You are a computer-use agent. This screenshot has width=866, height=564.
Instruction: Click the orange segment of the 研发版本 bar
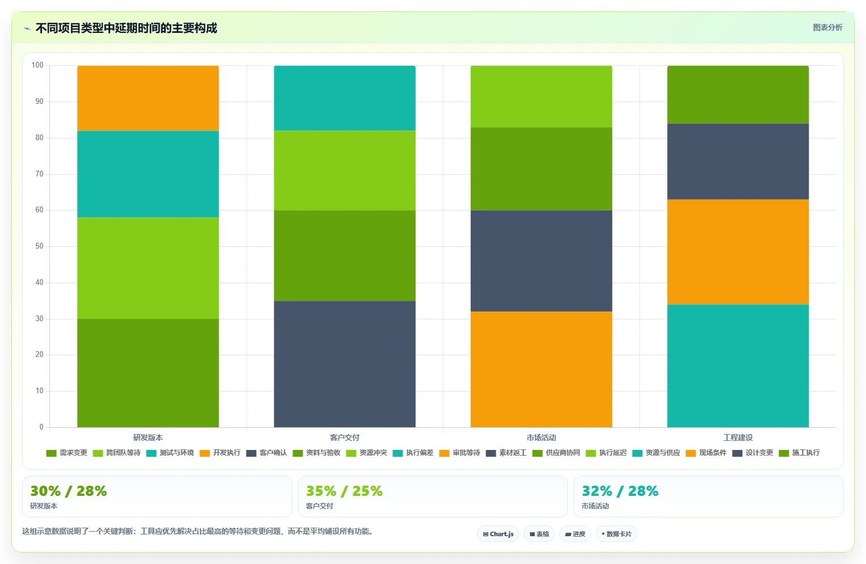pyautogui.click(x=148, y=98)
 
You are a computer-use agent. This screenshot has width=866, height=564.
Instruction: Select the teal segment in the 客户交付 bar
pyautogui.click(x=345, y=98)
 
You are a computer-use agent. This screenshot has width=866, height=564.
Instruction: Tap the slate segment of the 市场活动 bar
pyautogui.click(x=541, y=261)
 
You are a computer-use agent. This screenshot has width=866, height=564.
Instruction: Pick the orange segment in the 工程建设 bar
pyautogui.click(x=738, y=252)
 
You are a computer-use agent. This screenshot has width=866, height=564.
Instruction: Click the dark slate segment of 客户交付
pyautogui.click(x=345, y=364)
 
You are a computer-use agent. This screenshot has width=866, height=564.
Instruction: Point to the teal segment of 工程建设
pyautogui.click(x=738, y=366)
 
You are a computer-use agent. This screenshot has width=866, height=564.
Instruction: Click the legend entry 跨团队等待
pyautogui.click(x=117, y=453)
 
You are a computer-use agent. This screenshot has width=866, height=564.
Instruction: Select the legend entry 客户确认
pyautogui.click(x=266, y=453)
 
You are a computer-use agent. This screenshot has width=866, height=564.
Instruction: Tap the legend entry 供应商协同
pyautogui.click(x=556, y=453)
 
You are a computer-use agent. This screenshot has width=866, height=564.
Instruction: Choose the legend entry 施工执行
pyautogui.click(x=799, y=453)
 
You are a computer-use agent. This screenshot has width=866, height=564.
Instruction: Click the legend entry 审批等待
pyautogui.click(x=459, y=453)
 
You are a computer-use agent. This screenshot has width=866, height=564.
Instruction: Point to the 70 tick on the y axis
pyautogui.click(x=39, y=174)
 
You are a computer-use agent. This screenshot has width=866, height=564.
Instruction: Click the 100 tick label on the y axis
pyautogui.click(x=37, y=65)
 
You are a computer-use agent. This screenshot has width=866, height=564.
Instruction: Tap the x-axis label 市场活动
pyautogui.click(x=541, y=437)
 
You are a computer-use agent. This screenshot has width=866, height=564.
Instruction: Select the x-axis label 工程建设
pyautogui.click(x=738, y=437)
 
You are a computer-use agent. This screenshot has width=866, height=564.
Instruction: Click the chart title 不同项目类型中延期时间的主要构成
pyautogui.click(x=127, y=28)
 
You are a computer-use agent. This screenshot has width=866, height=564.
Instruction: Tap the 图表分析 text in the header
pyautogui.click(x=828, y=27)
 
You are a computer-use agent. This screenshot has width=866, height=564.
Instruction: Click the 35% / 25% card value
pyautogui.click(x=344, y=491)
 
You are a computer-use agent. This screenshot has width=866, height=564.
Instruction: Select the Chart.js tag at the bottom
pyautogui.click(x=498, y=534)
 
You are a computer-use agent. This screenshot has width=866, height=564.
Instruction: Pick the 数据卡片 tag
pyautogui.click(x=616, y=534)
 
